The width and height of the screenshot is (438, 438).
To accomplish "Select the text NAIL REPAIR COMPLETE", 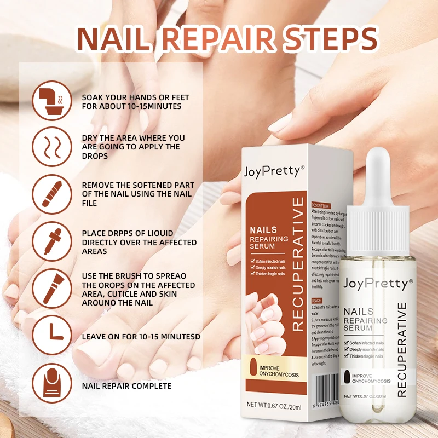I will click(126, 386).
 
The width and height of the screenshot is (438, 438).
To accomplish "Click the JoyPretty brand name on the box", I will click(272, 171).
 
